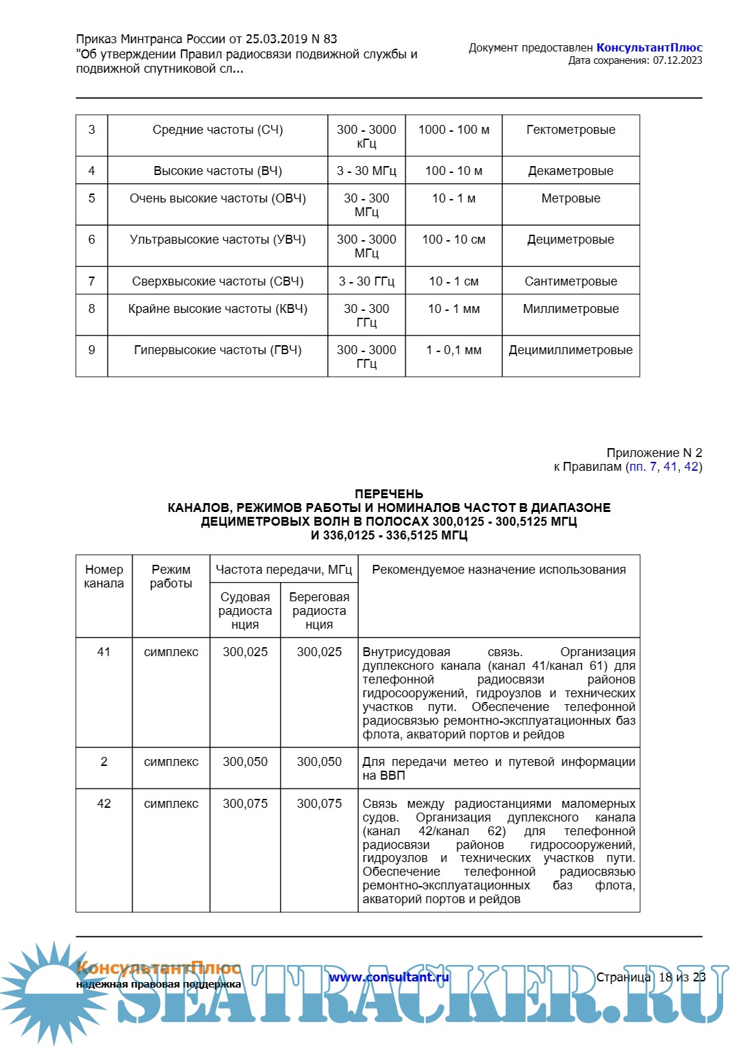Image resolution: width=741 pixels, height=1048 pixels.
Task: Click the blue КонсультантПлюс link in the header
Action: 649,47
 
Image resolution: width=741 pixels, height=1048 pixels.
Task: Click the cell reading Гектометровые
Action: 571,130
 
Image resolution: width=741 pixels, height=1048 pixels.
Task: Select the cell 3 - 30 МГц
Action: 366,171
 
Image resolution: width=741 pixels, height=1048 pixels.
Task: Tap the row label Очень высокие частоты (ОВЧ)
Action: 217,198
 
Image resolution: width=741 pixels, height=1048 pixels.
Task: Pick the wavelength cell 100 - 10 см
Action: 454,240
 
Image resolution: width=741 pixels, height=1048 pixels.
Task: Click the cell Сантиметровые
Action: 571,281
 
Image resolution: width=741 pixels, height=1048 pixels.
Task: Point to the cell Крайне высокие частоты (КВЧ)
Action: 217,309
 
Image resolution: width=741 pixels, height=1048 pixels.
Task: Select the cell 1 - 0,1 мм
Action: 454,350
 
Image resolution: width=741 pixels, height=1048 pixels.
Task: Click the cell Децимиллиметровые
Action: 571,350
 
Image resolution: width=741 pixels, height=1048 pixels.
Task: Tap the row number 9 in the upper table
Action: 92,350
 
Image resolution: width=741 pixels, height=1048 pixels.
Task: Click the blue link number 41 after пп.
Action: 670,467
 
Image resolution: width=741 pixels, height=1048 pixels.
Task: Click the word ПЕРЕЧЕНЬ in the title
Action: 389,494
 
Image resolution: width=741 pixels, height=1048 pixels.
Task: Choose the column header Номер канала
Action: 104,577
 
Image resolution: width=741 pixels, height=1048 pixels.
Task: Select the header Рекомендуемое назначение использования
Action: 499,570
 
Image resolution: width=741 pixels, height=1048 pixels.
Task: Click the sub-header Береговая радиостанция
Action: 319,611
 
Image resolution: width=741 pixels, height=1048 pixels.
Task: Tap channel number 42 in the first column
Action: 104,804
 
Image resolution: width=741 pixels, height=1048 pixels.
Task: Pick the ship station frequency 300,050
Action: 245,762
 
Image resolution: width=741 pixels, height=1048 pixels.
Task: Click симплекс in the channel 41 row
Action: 171,652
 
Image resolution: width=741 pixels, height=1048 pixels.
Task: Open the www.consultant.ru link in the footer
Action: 388,977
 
